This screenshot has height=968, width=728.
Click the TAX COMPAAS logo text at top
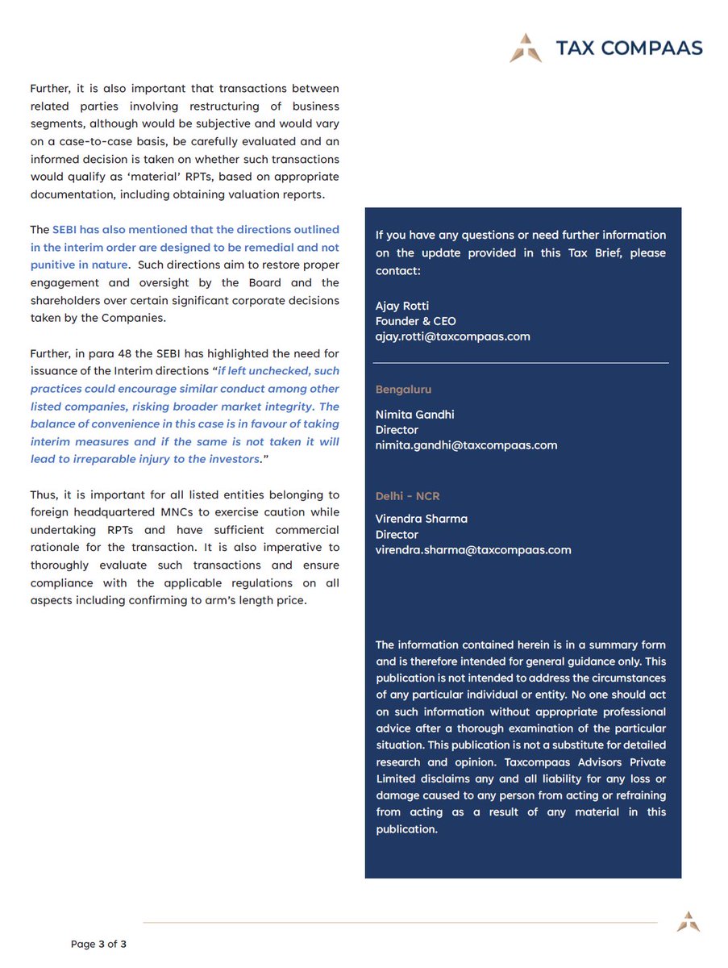(629, 48)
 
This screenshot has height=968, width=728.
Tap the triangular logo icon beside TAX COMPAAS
(526, 48)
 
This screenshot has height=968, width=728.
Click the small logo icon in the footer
(688, 922)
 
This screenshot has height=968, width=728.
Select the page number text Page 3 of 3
(98, 944)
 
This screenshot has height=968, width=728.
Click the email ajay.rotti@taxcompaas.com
(452, 336)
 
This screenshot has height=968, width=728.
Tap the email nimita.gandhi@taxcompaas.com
(466, 445)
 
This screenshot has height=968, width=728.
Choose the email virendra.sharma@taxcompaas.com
(473, 550)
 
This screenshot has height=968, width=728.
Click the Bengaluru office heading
(403, 390)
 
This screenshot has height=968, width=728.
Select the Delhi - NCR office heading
(407, 496)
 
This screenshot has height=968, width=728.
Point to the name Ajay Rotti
(403, 306)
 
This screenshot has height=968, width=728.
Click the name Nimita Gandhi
(414, 415)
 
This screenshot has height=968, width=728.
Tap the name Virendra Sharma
(421, 519)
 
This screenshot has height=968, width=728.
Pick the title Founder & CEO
(415, 321)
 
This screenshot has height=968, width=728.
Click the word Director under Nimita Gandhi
(397, 430)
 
